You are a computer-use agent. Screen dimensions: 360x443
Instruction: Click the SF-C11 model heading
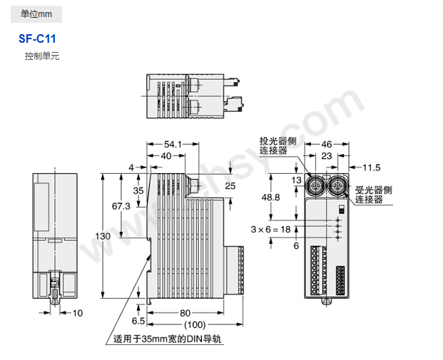(x=37, y=40)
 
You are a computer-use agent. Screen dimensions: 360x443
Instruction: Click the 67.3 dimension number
(x=121, y=205)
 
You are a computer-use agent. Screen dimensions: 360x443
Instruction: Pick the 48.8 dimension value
(x=271, y=197)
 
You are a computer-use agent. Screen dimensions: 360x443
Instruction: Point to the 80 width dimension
(x=185, y=312)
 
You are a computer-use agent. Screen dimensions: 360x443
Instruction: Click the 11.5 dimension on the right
(x=372, y=168)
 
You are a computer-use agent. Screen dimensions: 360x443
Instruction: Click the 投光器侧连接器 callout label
(x=273, y=145)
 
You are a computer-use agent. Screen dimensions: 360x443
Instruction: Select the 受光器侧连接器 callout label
(x=374, y=195)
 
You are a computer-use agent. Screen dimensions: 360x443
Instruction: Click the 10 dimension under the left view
(x=78, y=312)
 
